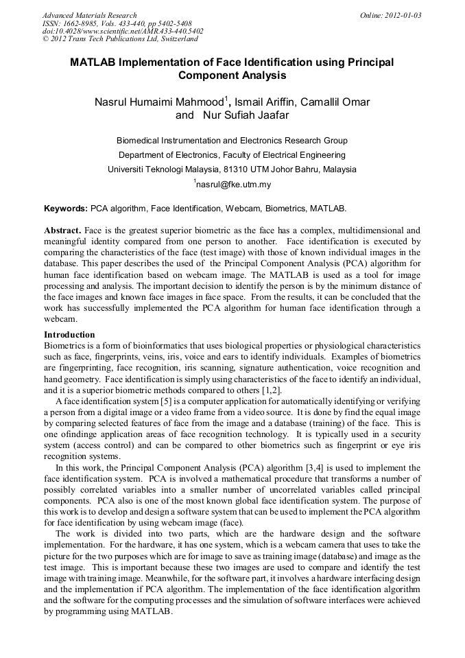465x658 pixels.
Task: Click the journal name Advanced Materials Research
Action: [x=89, y=15]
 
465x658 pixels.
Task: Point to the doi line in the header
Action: [x=123, y=31]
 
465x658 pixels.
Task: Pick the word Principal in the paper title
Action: [x=370, y=62]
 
